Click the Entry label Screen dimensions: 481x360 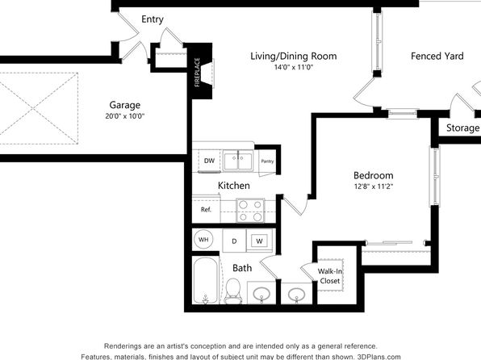pos(153,19)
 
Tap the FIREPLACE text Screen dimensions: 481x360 pos(197,73)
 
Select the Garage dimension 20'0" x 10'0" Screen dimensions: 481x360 pos(124,116)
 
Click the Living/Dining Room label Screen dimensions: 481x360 pos(294,57)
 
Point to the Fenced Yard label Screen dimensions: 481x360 pos(437,57)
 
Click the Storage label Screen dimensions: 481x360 pos(462,128)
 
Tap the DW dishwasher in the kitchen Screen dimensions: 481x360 pos(209,161)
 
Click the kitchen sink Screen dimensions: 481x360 pos(238,161)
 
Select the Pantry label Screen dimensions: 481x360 pos(267,161)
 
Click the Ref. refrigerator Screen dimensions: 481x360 pos(206,210)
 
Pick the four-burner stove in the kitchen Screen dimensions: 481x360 pos(250,211)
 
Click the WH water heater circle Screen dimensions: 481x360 pos(203,240)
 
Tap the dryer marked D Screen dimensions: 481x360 pos(234,241)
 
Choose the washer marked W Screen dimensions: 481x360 pos(259,241)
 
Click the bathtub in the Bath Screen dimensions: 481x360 pos(206,281)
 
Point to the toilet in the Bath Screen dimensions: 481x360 pos(233,291)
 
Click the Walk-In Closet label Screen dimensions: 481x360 pos(330,276)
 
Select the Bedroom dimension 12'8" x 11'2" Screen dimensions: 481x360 pos(374,186)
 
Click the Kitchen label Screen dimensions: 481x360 pos(234,186)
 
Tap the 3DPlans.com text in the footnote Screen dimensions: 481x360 pos(379,357)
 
